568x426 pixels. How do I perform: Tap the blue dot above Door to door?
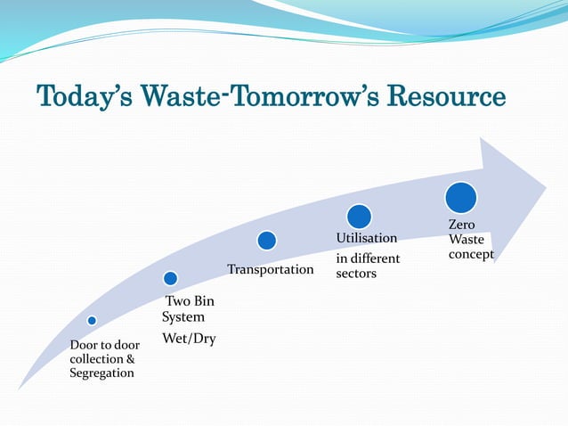click(92, 320)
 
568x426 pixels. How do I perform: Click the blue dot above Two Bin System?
click(171, 278)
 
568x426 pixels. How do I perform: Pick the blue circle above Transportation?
click(266, 241)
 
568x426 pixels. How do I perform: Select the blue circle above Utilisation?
click(359, 216)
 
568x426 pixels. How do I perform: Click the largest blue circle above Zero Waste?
click(460, 198)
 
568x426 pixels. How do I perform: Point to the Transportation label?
click(271, 269)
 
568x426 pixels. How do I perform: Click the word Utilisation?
click(366, 239)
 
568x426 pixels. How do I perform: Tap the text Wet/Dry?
click(189, 339)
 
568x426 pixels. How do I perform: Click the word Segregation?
click(101, 373)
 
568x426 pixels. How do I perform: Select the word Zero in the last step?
click(461, 225)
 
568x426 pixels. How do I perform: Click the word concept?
click(471, 254)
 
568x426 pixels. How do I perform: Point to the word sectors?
click(356, 273)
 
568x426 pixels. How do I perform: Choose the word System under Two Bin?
click(183, 316)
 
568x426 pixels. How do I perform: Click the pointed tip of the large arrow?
click(545, 187)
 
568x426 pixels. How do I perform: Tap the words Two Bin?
click(190, 301)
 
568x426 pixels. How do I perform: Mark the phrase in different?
click(368, 258)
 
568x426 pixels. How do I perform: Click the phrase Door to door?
click(104, 344)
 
